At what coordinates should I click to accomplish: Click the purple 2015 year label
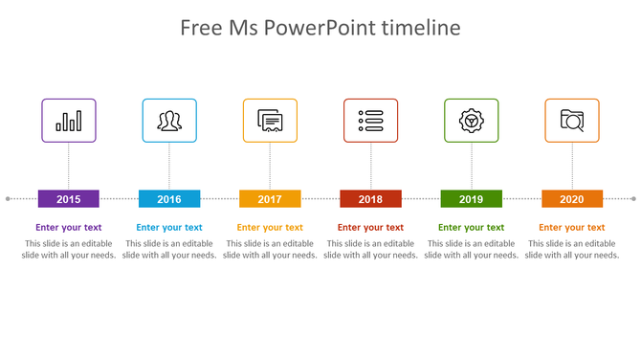69,199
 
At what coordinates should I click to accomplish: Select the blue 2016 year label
169,199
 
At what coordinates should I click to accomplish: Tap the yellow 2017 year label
270,199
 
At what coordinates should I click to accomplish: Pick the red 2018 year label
370,199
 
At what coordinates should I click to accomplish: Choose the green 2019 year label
471,199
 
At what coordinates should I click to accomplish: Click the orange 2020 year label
572,199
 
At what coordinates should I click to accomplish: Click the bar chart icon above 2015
69,121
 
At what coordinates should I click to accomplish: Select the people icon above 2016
169,121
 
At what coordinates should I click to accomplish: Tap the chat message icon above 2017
270,121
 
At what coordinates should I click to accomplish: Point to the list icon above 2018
370,121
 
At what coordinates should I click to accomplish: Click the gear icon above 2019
471,121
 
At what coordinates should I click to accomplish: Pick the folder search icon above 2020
572,121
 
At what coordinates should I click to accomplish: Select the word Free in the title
203,28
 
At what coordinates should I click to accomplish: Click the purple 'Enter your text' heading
69,228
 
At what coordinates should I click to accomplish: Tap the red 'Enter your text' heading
370,228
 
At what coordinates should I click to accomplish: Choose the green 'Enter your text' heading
471,228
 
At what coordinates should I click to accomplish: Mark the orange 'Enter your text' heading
572,228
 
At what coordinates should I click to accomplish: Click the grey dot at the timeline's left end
8,199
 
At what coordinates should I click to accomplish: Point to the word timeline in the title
421,28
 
